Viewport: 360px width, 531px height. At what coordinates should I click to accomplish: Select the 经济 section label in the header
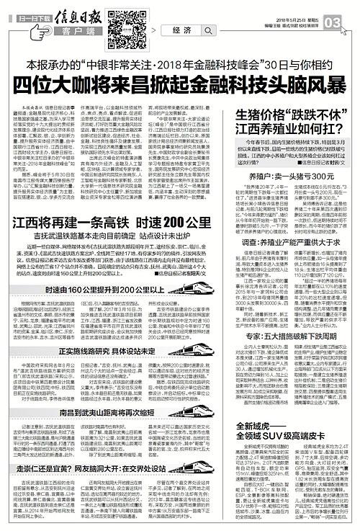pyautogui.click(x=182, y=30)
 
